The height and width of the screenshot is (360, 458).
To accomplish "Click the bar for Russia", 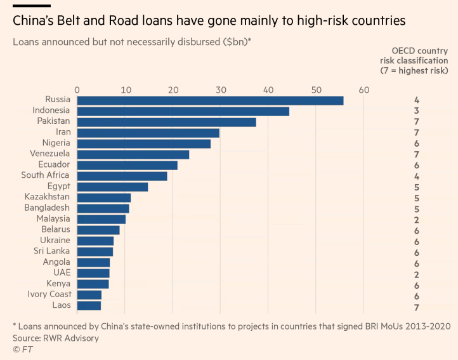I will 210,100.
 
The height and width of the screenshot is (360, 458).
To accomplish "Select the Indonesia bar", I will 183,111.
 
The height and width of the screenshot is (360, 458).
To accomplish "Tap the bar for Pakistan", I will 166,122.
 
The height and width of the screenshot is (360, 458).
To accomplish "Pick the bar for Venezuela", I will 133,154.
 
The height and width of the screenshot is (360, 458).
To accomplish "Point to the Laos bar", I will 89,305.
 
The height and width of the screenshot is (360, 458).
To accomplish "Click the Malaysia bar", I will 101,219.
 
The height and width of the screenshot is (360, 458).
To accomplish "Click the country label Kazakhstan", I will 47,197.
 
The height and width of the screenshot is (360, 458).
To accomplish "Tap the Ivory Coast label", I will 49,294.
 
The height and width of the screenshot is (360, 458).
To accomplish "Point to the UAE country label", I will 62,272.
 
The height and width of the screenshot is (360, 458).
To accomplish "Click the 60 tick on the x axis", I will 363,90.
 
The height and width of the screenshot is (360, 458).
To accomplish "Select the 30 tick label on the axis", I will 220,90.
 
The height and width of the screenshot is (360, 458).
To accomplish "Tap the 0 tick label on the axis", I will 77,90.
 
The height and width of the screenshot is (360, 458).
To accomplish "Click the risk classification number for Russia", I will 416,100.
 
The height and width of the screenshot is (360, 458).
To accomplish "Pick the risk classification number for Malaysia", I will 416,219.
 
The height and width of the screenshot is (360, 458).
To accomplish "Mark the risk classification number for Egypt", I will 416,187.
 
